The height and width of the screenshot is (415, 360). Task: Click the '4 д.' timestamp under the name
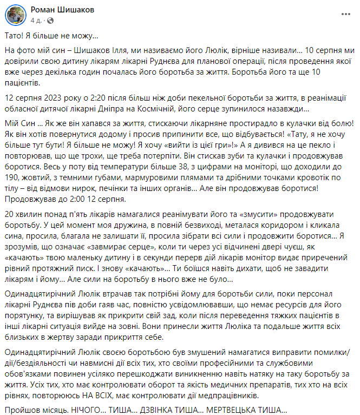36,21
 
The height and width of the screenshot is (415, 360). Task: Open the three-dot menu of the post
345,13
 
